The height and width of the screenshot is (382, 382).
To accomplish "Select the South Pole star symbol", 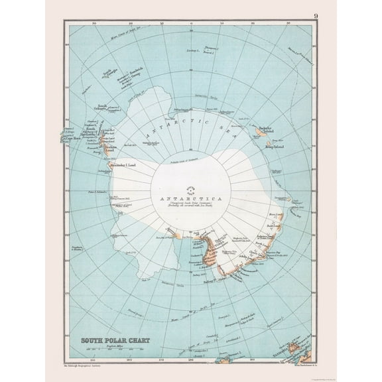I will (191, 188).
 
